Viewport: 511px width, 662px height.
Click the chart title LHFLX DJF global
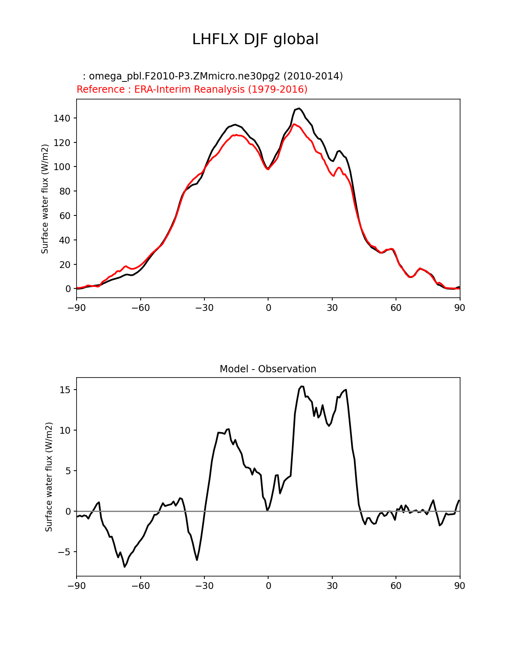coord(255,39)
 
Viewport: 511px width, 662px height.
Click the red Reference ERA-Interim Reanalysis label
coord(192,89)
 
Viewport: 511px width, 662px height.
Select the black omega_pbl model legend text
coord(213,76)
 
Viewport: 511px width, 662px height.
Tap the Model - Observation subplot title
coord(268,369)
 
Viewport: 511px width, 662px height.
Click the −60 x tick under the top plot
coord(140,308)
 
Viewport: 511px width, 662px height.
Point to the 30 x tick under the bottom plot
coord(332,586)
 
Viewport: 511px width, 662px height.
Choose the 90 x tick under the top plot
coord(460,308)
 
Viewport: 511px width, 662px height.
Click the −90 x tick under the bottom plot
coord(77,586)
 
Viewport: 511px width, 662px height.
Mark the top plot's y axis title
coord(45,199)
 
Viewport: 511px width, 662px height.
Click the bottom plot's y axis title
coord(49,477)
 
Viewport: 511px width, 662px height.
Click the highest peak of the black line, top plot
coord(299,108)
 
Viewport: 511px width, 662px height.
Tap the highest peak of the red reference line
coord(294,124)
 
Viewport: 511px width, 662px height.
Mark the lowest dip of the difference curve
coord(125,567)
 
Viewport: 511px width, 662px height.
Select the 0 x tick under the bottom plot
coord(268,586)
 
